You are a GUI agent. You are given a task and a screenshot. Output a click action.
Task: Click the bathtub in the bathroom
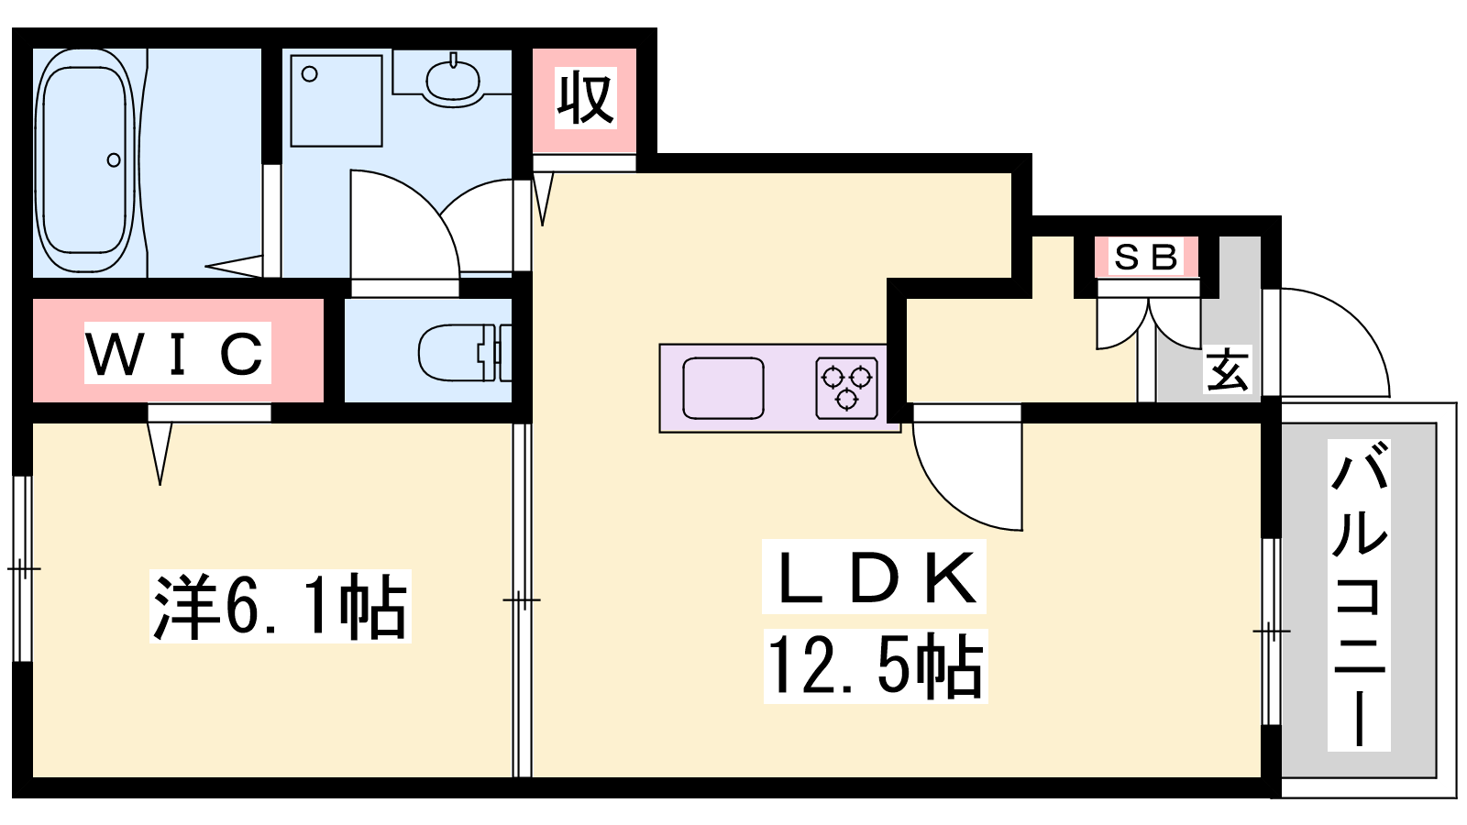click(x=85, y=160)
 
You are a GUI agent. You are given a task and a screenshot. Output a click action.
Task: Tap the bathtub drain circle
click(x=114, y=159)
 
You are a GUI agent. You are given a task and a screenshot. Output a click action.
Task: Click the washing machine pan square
click(x=336, y=101)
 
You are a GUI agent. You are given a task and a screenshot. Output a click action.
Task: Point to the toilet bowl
click(x=458, y=353)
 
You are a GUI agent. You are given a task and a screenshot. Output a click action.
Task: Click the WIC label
click(x=177, y=354)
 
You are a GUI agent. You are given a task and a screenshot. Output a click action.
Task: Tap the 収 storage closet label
click(x=586, y=98)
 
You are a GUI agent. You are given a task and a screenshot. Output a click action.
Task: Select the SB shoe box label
click(x=1146, y=257)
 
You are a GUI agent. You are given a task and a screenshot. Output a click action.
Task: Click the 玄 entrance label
click(x=1228, y=369)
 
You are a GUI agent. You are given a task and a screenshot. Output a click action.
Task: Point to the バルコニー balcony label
click(x=1359, y=595)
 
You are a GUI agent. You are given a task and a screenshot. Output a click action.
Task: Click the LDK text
click(x=875, y=577)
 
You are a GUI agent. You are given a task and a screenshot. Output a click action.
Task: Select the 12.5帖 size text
click(x=876, y=666)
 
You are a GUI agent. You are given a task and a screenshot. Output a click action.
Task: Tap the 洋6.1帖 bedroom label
click(x=281, y=606)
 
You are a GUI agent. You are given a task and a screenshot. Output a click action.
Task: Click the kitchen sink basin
click(x=723, y=388)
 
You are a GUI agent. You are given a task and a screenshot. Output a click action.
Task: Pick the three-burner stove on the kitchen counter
click(x=847, y=388)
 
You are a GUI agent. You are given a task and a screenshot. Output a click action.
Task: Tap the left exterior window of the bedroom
click(x=22, y=568)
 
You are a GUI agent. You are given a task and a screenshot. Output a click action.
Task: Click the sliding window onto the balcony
click(x=1271, y=632)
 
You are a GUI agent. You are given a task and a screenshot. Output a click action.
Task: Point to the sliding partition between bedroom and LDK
click(x=522, y=599)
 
